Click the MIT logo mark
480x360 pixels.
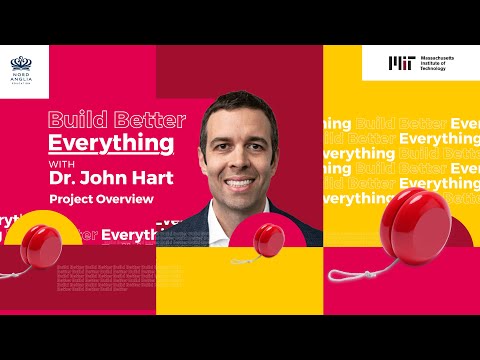pyautogui.click(x=399, y=63)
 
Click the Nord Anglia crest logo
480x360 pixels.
pyautogui.click(x=23, y=65)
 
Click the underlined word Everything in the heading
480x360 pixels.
pyautogui.click(x=111, y=142)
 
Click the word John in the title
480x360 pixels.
pyautogui.click(x=106, y=179)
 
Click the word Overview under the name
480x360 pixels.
pyautogui.click(x=128, y=200)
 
